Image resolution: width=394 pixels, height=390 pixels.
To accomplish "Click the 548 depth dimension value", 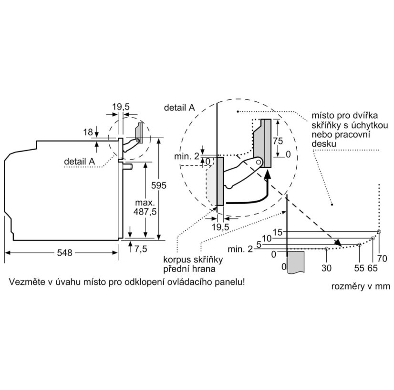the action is point(64,252).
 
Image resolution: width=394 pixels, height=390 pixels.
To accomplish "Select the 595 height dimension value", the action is point(158,185).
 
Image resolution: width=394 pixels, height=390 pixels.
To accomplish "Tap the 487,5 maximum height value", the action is point(145,212).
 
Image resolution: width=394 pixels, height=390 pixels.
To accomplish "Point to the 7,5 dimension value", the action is point(140,249).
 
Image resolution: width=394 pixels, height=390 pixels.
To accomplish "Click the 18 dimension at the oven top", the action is point(88,132).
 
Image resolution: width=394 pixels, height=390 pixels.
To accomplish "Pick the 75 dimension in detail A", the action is point(278,141).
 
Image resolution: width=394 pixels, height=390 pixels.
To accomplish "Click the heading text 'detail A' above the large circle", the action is point(179,108).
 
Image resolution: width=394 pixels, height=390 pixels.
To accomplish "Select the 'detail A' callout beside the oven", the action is point(79,161).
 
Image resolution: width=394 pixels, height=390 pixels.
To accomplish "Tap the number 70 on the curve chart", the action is point(382,259).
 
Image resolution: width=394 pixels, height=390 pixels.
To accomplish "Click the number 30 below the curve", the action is point(326,268).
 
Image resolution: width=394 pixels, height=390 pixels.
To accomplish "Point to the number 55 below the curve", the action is point(359,268).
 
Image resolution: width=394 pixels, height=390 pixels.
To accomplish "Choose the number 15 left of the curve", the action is point(278,232).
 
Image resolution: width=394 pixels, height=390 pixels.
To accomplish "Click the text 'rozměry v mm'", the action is point(361,286).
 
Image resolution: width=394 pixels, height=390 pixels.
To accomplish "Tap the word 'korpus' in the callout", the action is point(177,260).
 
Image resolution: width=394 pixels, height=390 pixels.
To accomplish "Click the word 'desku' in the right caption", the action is point(324,144).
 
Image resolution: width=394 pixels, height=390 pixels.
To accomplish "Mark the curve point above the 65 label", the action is point(373,238).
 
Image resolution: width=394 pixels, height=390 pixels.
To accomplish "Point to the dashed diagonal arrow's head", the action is point(338,243).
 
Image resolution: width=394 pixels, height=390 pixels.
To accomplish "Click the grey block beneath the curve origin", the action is point(296,262).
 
